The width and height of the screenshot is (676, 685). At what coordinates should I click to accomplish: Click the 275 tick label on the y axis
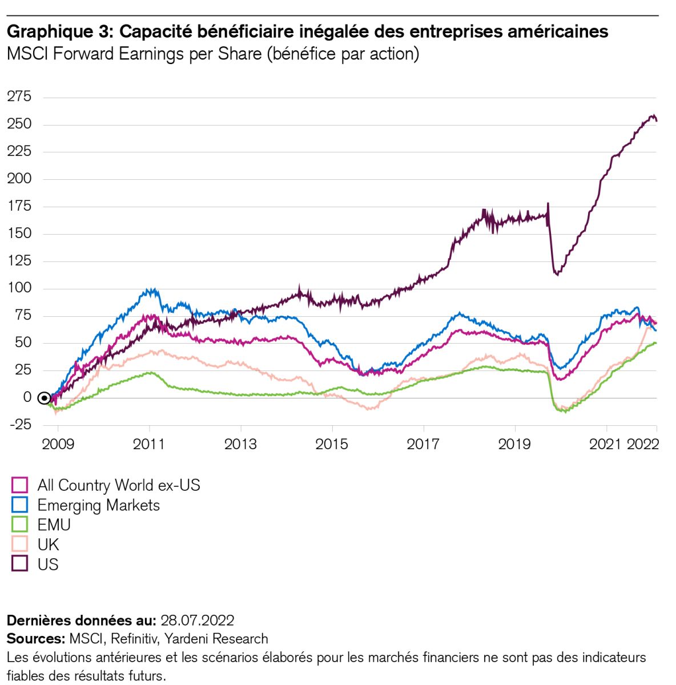tap(19, 96)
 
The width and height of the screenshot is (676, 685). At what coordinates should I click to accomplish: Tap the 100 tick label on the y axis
tap(19, 288)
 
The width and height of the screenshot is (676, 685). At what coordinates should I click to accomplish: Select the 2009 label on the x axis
tap(58, 444)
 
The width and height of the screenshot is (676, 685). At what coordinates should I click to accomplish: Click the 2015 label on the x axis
tap(332, 444)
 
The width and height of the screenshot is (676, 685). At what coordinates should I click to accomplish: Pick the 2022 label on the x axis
tap(643, 444)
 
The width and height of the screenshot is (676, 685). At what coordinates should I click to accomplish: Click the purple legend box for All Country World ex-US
tap(20, 485)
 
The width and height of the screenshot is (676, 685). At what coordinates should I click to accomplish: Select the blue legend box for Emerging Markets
tap(20, 505)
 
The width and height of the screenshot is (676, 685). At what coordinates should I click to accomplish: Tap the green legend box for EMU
tap(20, 525)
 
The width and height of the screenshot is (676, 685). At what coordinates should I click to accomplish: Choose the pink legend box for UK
tap(20, 545)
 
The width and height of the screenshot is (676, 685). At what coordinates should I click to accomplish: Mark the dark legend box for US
tap(20, 564)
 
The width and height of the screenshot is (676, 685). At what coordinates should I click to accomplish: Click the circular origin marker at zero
tap(44, 398)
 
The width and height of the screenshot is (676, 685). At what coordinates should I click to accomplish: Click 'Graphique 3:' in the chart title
tap(59, 31)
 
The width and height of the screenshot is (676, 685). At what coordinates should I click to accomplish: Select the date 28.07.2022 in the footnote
tap(198, 620)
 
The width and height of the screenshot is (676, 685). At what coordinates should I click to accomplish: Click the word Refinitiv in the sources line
tap(132, 638)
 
